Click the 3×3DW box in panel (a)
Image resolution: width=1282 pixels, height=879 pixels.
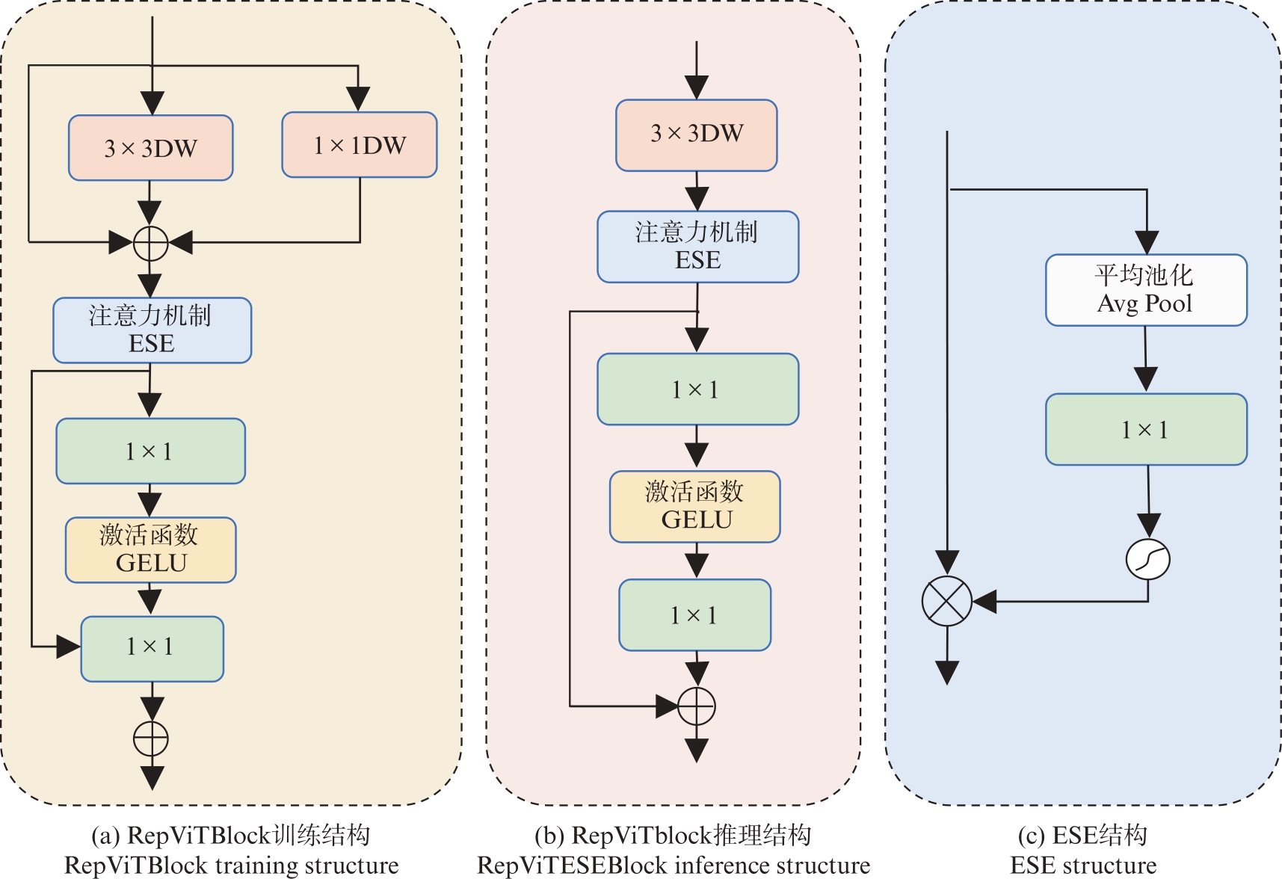150,148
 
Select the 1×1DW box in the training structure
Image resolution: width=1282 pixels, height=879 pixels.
359,145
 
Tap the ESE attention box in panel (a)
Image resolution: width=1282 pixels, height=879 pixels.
152,330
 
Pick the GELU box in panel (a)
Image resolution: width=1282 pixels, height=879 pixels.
150,549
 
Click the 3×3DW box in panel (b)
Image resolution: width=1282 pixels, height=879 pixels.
696,135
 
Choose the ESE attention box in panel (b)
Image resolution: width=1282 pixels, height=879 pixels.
697,247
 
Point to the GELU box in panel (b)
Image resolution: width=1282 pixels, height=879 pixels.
694,506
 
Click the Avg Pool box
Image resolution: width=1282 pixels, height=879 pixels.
1145,290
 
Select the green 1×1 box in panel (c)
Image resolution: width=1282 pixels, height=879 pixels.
1145,429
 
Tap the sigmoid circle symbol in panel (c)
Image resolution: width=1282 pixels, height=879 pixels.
1147,559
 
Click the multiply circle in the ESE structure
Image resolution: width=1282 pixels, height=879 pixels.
946,601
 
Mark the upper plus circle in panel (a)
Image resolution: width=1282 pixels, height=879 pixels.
150,243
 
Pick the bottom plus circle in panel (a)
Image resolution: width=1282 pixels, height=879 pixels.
151,739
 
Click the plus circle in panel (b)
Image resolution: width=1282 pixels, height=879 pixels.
696,706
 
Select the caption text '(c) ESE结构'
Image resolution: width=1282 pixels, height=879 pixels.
1082,835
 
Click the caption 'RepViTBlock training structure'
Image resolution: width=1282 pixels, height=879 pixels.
231,866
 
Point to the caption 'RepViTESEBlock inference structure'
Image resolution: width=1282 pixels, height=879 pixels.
673,866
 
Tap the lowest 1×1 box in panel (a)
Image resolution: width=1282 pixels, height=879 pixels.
152,648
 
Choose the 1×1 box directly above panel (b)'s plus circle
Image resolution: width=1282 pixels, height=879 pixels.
694,614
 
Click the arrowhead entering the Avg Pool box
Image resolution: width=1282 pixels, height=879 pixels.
1147,242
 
